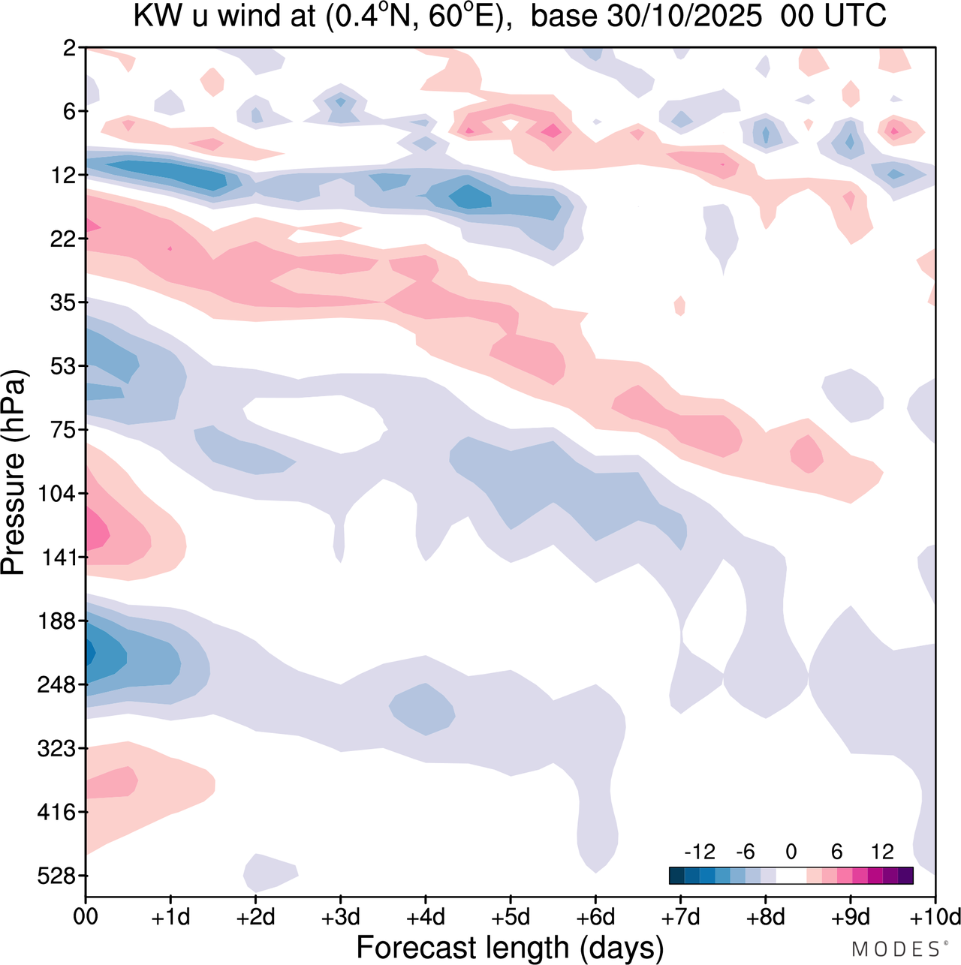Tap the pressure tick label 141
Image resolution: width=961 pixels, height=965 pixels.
59,558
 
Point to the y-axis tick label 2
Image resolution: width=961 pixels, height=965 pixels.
70,48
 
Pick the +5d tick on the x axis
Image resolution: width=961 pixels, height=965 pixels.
510,917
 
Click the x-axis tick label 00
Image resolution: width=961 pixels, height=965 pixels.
86,917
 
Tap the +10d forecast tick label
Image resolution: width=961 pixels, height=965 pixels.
934,917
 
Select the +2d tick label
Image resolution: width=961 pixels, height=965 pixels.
255,917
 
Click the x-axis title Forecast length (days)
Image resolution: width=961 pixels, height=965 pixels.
510,948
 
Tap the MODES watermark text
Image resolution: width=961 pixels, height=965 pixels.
895,949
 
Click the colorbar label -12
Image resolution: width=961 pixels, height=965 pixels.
700,852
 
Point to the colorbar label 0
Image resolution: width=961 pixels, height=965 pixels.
791,852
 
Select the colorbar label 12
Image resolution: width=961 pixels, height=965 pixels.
883,852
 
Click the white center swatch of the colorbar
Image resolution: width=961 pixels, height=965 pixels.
791,875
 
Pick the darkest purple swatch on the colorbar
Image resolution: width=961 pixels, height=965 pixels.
905,875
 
